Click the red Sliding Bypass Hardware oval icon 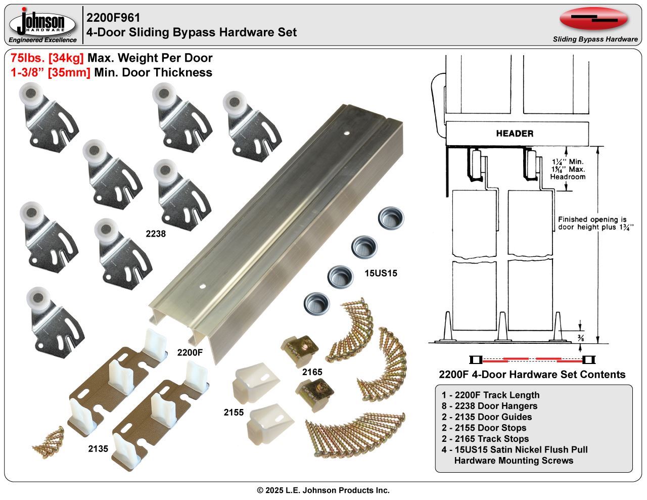pos(593,19)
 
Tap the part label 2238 pos(156,234)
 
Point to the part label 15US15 pos(381,274)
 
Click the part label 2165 pos(312,372)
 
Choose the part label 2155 pos(234,413)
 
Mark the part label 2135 pos(98,448)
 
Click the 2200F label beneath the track pos(190,352)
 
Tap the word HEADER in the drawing pos(515,133)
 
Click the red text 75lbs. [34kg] pos(48,58)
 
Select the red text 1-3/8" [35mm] pos(50,72)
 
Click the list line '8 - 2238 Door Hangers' pos(489,406)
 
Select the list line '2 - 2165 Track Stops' pos(485,439)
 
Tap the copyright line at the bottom pos(323,490)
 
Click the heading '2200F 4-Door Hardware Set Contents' pos(532,375)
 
